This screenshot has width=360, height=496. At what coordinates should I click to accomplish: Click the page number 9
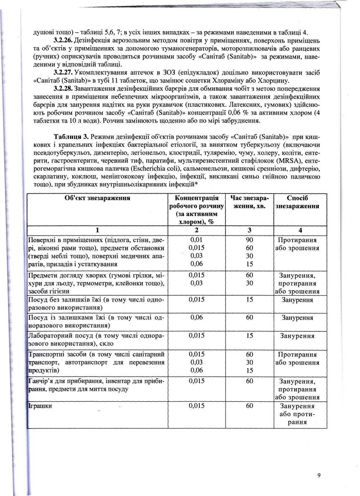coord(319,476)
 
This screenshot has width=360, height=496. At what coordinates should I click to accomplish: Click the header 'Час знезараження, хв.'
coord(249,202)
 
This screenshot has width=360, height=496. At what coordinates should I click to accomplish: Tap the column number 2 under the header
coord(197,230)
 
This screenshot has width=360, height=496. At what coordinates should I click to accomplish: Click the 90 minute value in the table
coord(249,240)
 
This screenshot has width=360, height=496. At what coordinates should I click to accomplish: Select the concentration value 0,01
coord(197,240)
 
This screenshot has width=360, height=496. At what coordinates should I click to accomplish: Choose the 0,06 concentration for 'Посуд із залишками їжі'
coord(197,317)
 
